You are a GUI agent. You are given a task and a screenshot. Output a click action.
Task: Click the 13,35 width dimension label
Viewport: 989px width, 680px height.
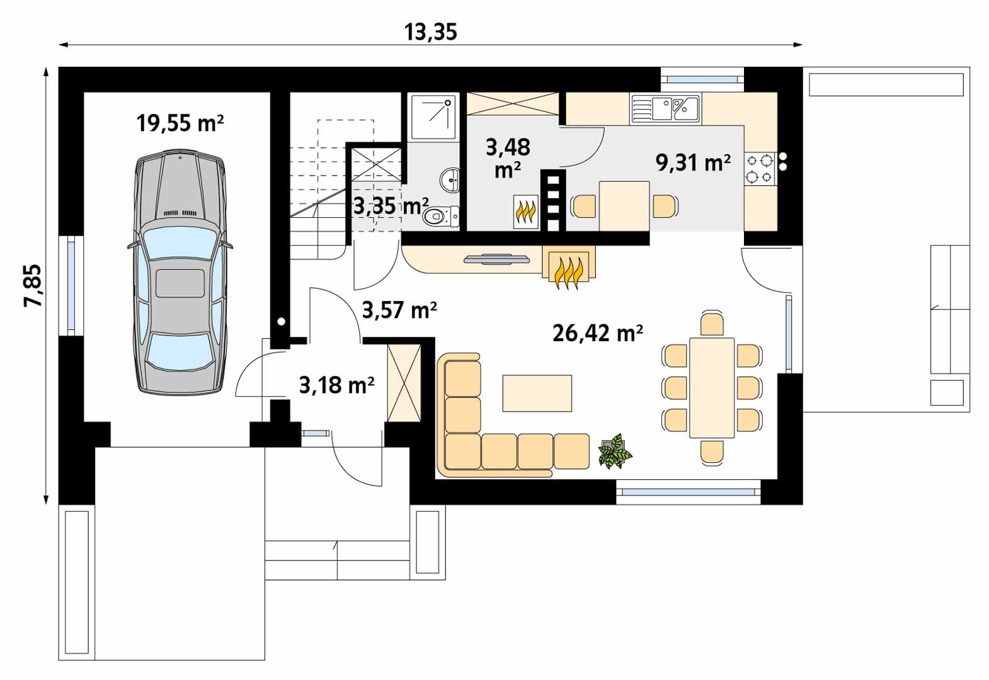430,32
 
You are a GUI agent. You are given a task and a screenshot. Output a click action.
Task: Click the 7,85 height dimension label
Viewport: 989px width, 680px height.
33,285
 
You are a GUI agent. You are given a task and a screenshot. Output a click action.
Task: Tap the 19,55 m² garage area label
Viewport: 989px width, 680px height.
180,123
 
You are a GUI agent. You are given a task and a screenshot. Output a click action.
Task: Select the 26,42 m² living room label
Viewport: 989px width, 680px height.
597,333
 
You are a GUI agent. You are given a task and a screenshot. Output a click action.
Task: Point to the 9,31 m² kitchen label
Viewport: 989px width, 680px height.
693,162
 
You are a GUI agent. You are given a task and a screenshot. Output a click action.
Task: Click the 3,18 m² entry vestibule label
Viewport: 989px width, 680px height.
337,385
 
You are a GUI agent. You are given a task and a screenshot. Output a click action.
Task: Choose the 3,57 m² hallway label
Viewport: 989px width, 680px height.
399,310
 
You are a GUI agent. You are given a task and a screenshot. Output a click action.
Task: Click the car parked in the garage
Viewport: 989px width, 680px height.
181,272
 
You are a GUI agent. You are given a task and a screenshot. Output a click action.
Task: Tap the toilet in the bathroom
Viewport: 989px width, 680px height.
440,217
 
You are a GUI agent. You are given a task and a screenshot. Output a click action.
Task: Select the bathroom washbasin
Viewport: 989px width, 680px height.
450,179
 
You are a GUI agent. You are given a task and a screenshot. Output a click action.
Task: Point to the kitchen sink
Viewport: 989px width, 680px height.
666,108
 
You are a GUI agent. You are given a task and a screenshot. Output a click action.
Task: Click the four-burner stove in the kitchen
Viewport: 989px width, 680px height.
760,169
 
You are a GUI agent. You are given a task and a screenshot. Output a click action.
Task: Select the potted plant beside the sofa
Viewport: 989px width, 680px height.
615,451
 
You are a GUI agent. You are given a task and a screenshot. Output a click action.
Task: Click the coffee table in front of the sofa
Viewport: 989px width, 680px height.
537,393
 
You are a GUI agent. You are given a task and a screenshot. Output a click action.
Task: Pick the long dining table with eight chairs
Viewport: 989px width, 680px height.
712,388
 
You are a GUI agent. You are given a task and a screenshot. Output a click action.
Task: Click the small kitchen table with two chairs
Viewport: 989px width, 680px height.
624,206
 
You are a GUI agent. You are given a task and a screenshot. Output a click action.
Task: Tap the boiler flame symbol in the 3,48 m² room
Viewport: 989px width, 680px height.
526,212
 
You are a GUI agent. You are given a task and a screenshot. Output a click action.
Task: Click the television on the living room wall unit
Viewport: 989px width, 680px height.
497,259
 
